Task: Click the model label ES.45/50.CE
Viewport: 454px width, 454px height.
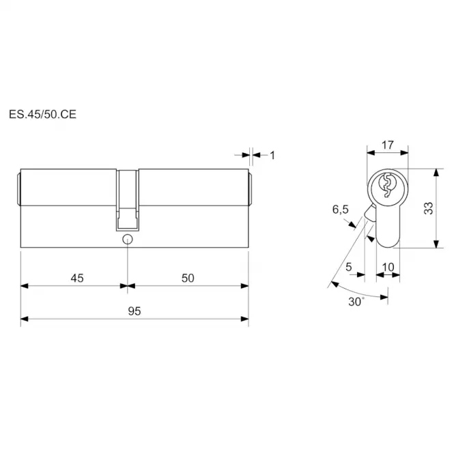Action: coord(42,114)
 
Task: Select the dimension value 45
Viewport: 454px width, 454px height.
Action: coord(77,278)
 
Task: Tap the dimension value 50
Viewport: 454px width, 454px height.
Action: coord(188,278)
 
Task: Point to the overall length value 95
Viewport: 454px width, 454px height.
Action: coord(134,311)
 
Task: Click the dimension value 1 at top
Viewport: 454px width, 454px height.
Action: coord(272,156)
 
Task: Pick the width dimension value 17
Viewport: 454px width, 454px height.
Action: coord(387,145)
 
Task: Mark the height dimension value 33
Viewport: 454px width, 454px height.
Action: coord(428,208)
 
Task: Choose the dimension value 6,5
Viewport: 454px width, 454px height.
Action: coord(341,209)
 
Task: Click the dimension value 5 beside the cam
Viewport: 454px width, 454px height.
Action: coord(349,267)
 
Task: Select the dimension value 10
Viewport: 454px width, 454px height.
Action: coord(388,267)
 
